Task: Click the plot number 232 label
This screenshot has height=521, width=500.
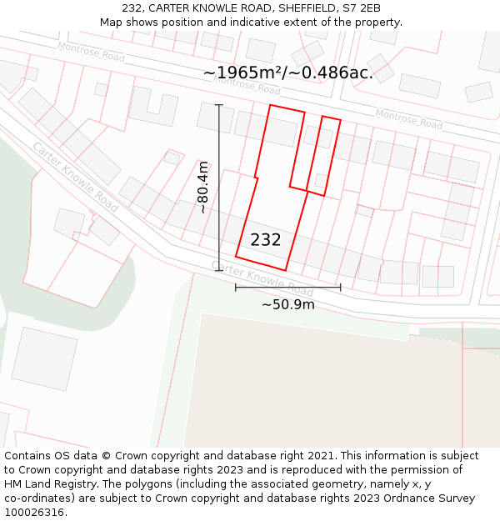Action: pos(266,240)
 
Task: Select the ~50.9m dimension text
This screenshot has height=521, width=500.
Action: pos(288,304)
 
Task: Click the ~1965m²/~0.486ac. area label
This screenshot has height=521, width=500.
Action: pos(288,73)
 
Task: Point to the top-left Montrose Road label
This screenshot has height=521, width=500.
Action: pos(91,52)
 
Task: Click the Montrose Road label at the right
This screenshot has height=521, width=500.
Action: pos(408,119)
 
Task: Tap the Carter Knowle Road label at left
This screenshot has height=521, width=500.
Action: pos(75,176)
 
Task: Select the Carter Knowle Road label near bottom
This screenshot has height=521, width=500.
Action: pos(262,278)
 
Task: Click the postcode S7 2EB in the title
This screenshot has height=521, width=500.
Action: pos(360,8)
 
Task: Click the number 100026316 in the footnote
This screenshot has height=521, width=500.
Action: pos(34,512)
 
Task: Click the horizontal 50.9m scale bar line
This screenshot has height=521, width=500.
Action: pos(288,288)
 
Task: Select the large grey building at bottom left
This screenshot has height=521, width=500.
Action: pos(43,358)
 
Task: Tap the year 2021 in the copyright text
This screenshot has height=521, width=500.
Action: pos(321,456)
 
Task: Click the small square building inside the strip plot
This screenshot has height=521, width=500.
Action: pos(321,180)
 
